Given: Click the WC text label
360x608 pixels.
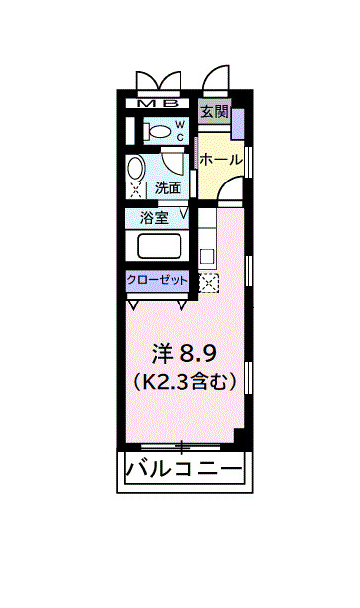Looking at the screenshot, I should tap(180, 130).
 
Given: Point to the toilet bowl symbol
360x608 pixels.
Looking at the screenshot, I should tap(154, 130).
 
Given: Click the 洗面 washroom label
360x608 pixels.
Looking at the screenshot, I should tap(168, 187).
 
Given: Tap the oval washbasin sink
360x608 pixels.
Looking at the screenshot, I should tap(138, 166).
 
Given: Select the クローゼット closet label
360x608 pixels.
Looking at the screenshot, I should tap(157, 281).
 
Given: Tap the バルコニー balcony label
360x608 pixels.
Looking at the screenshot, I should tap(183, 469).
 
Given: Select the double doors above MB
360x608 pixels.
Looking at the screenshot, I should tap(159, 79).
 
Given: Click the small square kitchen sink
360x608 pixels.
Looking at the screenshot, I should tap(207, 256).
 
